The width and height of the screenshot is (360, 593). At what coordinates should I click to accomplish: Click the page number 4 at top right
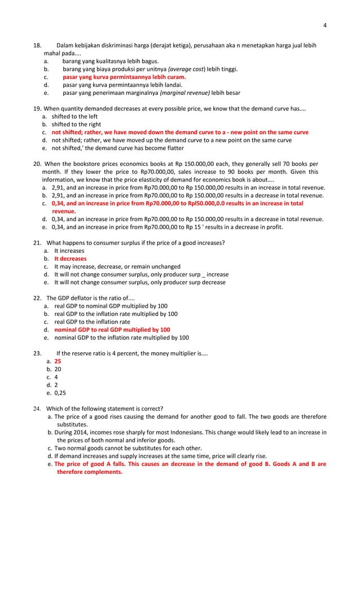[x=325, y=25]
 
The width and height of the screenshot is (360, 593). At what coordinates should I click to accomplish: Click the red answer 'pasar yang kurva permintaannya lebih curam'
[x=124, y=77]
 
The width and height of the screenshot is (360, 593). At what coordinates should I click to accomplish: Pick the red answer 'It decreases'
[x=70, y=258]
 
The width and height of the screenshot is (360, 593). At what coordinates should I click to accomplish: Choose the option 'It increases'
[x=69, y=251]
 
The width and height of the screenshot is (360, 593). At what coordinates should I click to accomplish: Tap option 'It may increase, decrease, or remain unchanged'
[x=117, y=266]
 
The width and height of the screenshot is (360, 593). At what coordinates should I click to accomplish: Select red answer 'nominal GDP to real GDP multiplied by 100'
[x=112, y=329]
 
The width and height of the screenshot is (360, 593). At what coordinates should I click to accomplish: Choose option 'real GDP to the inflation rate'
[x=92, y=322]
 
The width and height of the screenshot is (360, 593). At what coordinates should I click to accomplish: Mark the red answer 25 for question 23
[x=58, y=361]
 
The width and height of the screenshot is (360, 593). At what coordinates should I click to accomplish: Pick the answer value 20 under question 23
[x=58, y=369]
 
